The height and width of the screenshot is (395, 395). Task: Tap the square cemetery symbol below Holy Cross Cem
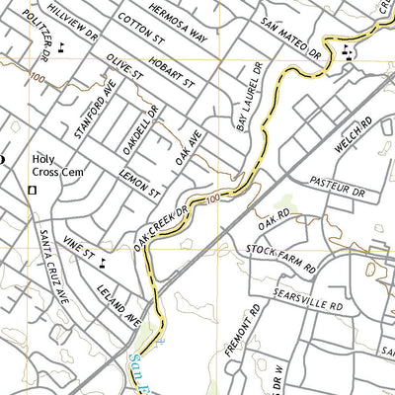click(x=33, y=189)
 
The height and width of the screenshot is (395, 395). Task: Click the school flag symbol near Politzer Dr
click(x=62, y=44)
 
